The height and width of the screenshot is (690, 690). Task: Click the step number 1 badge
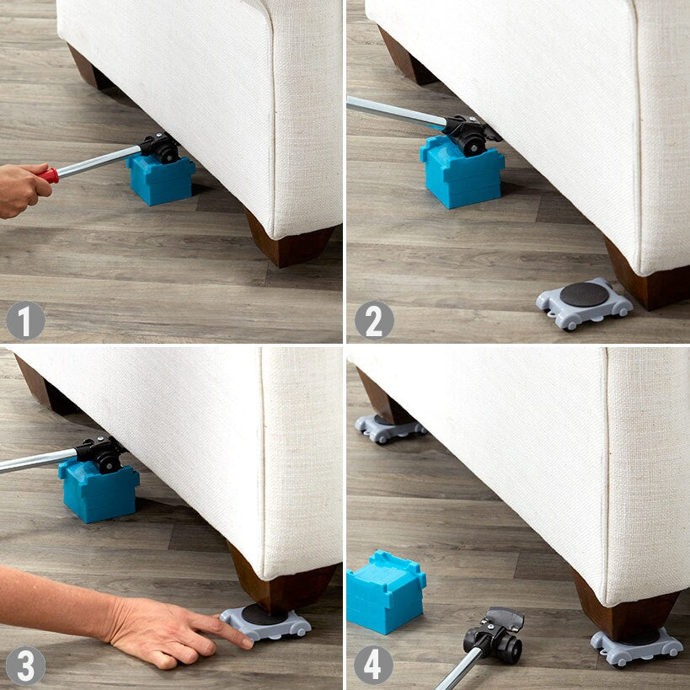25,320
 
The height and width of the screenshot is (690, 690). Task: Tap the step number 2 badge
373,320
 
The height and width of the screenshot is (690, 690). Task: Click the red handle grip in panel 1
50,175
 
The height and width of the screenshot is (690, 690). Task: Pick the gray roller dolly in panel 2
584,305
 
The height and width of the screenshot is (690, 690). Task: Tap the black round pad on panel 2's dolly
584,295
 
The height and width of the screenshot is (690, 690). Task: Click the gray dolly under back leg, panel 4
388,428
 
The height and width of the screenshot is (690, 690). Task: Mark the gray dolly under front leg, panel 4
637,646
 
